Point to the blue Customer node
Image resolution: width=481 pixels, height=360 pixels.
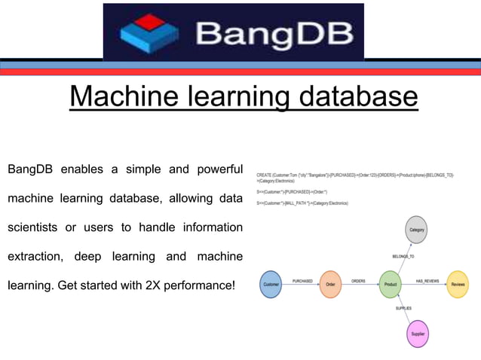click(271, 284)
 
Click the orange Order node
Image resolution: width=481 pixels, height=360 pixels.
click(330, 284)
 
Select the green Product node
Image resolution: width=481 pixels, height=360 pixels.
click(391, 284)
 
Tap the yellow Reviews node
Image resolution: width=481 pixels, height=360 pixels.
click(458, 284)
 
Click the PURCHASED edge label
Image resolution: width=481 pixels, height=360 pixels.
click(302, 280)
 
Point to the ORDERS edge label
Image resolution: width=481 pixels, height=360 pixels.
click(359, 280)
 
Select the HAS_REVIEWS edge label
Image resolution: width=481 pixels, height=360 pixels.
click(427, 280)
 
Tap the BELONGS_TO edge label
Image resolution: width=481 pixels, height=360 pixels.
click(404, 257)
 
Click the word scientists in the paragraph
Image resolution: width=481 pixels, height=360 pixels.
click(36, 227)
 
